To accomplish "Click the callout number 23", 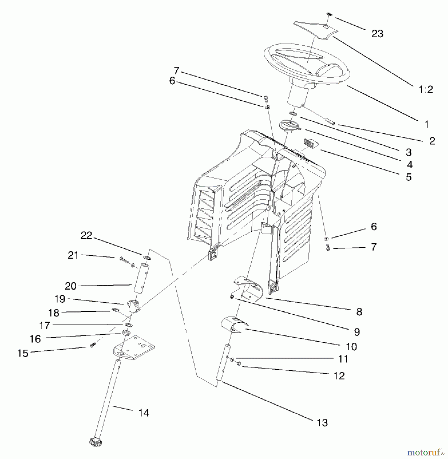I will tap(377, 34).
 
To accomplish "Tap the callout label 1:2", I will tap(426, 90).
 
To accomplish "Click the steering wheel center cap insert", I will tap(316, 30).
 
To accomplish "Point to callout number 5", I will tap(408, 177).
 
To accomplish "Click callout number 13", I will tap(322, 423).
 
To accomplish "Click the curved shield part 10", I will tap(233, 325).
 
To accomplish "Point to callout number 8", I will tap(359, 311).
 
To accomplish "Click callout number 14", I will tap(144, 413).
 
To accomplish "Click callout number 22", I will tap(86, 235).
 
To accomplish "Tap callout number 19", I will tap(60, 299).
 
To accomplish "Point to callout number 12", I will tap(339, 376).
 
